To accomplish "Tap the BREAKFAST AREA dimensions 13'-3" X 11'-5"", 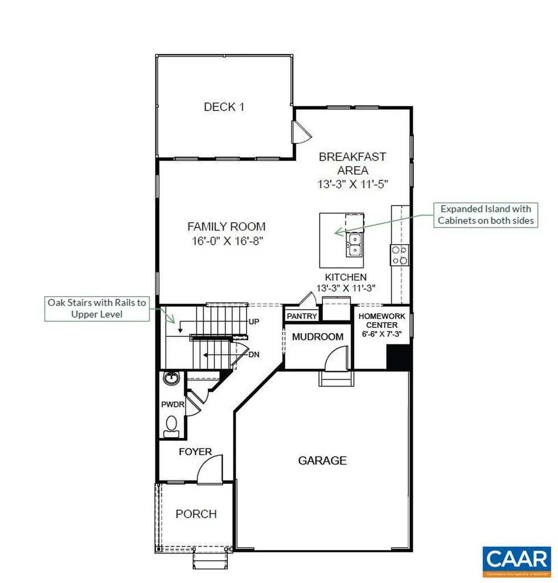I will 352,184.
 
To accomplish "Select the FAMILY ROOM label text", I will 226,227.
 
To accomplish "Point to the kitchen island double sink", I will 354,245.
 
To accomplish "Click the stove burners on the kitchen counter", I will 399,254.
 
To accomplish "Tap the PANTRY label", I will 301,316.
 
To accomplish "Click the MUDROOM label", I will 317,336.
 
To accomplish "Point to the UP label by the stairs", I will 254,322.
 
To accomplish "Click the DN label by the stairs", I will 254,354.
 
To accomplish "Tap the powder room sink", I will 170,377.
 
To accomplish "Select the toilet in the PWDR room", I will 171,425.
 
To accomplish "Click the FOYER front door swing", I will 208,471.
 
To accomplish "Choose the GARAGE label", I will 322,461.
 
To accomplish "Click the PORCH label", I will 196,514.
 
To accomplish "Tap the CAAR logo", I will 516,559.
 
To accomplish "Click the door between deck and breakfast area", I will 299,132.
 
